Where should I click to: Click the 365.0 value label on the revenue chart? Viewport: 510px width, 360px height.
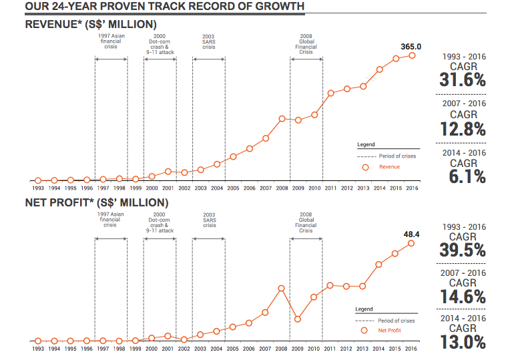(x=411, y=47)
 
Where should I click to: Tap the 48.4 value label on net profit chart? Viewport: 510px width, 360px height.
(x=411, y=234)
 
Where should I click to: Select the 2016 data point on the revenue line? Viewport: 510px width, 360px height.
(x=412, y=55)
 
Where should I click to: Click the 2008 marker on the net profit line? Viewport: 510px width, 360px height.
(x=281, y=289)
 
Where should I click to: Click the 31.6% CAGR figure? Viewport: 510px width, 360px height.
(x=463, y=80)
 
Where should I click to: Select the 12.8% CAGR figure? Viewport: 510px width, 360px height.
(x=463, y=128)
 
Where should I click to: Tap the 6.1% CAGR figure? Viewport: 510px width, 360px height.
(x=463, y=176)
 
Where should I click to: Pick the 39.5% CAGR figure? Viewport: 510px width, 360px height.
(x=463, y=250)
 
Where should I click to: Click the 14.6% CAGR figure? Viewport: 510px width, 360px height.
(x=463, y=297)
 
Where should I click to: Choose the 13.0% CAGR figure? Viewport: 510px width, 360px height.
(x=463, y=343)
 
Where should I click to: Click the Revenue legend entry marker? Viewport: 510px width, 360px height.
(x=365, y=167)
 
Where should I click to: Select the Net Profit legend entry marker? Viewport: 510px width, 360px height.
(x=364, y=330)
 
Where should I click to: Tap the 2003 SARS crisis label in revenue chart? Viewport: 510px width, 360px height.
(x=209, y=41)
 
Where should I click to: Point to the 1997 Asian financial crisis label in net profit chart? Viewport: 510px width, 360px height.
(x=110, y=220)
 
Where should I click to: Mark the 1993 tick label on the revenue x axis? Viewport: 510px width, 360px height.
(x=37, y=189)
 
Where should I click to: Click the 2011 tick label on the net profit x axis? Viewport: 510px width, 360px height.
(x=330, y=349)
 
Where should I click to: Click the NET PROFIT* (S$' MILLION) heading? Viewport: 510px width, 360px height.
(x=97, y=202)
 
